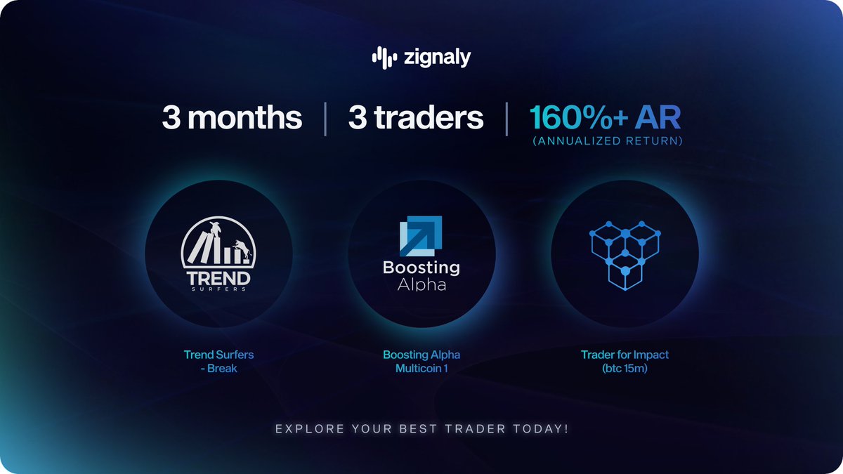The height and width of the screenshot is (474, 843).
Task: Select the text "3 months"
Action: point(232,118)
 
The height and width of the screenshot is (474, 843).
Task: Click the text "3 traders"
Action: point(416,118)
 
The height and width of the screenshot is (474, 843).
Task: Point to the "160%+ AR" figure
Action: point(605,118)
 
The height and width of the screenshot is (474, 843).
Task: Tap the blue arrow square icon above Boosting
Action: point(421,236)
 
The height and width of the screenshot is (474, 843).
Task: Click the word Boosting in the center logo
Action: point(421,268)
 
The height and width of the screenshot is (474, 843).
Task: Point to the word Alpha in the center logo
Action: point(421,284)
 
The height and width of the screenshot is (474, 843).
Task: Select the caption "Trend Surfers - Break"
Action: point(218,361)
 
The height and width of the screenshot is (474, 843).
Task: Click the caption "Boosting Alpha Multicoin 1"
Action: point(421,361)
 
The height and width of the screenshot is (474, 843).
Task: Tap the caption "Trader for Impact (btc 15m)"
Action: point(625,361)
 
